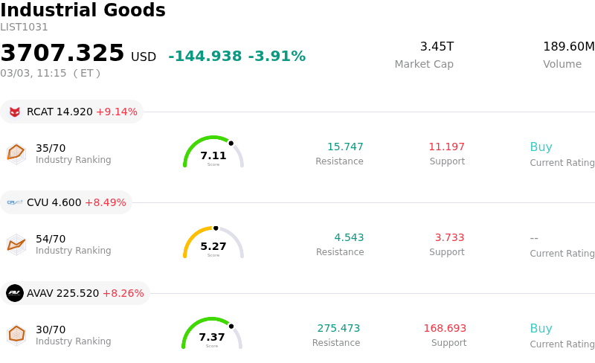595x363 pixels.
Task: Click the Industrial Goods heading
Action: pos(83,10)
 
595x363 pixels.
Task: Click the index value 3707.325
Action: pos(62,54)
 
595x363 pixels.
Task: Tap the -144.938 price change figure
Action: pos(205,57)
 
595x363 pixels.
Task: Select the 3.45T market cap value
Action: pos(437,47)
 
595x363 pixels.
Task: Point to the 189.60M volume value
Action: pos(568,47)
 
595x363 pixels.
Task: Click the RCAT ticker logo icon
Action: pos(15,112)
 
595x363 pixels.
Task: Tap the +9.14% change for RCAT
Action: pos(117,112)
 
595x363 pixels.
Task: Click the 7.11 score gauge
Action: pos(213,152)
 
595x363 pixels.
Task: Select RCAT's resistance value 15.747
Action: pos(345,147)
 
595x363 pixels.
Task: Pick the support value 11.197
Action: pos(446,147)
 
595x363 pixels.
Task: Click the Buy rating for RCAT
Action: pos(541,147)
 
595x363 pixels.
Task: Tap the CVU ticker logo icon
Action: pos(15,202)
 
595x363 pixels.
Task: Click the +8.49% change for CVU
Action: pos(105,202)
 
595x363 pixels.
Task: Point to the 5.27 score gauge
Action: pos(213,243)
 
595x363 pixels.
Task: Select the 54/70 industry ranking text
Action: pos(51,239)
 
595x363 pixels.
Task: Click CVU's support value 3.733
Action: pos(449,237)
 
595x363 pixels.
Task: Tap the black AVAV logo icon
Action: pos(15,293)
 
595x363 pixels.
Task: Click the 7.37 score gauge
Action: pos(212,334)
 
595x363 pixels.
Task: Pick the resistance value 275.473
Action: pos(338,328)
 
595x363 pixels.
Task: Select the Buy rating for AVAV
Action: pos(541,328)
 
